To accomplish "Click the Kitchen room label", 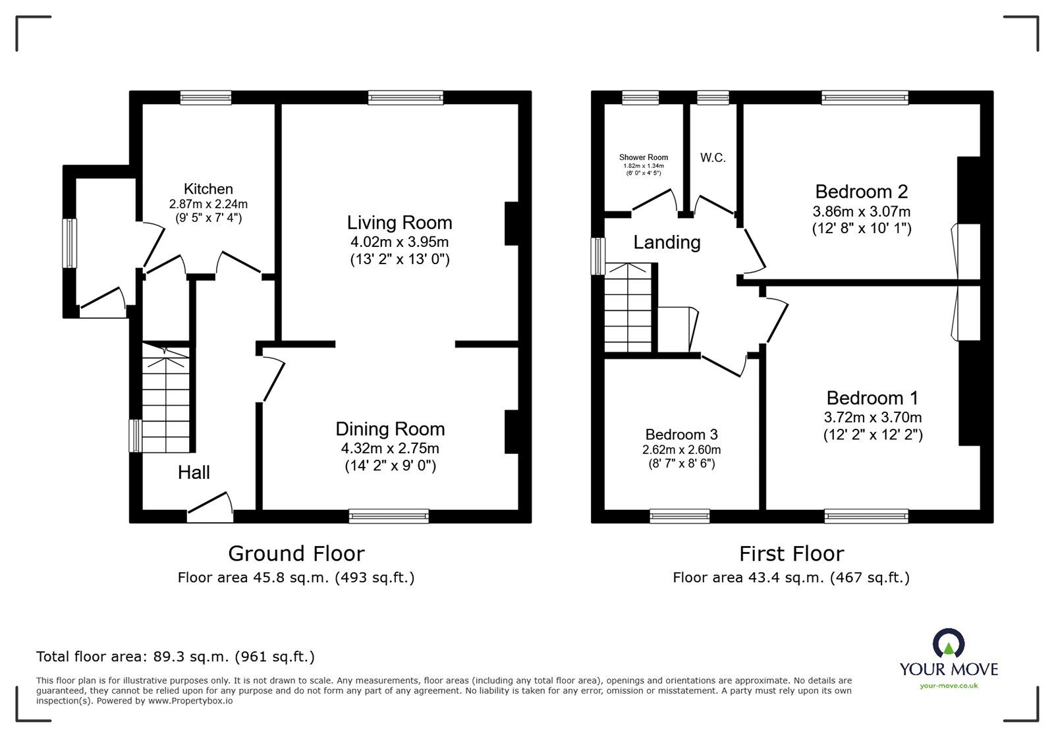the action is click(x=208, y=188).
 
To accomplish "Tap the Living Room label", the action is click(x=399, y=223).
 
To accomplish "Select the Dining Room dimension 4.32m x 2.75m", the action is click(x=390, y=449).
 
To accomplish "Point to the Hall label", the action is click(x=194, y=472).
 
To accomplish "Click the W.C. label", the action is click(x=713, y=157).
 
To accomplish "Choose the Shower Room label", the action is click(x=643, y=157).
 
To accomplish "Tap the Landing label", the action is click(x=667, y=242).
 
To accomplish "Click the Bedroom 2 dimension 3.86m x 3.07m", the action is click(x=862, y=211).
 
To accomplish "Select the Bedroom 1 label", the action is click(x=872, y=398).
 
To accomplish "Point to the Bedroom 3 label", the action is click(x=681, y=434).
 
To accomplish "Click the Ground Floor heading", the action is click(x=296, y=553).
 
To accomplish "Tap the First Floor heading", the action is click(x=791, y=553).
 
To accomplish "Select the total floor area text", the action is click(x=175, y=656).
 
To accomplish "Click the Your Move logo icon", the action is click(x=949, y=643).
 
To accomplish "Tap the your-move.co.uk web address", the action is click(x=949, y=686).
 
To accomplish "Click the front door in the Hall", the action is click(x=210, y=507).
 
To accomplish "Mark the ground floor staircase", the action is click(x=165, y=397).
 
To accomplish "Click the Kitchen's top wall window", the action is click(x=206, y=98).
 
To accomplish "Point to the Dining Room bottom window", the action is click(x=389, y=516).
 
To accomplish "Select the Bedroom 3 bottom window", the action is click(x=679, y=516).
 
